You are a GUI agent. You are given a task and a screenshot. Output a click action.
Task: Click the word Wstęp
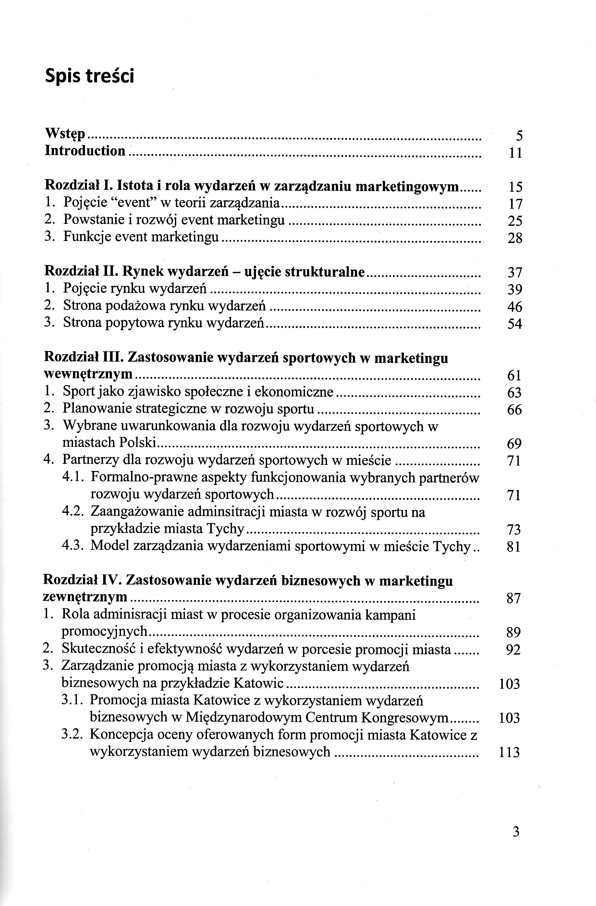pos(65,134)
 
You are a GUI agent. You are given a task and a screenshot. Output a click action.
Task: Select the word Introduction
pos(85,151)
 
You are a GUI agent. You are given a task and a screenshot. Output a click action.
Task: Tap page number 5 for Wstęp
pos(519,136)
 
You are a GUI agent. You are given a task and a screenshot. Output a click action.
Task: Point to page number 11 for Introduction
pos(515,153)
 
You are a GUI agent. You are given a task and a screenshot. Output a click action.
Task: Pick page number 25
pos(515,221)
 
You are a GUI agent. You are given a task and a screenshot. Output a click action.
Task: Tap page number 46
pos(515,307)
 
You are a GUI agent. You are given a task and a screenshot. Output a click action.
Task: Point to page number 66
pos(514,410)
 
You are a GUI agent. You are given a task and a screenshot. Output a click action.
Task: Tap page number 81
pos(514,547)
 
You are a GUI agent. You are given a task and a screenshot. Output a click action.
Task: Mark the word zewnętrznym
pos(85,597)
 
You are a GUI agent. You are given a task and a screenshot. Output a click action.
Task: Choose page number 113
pos(509,752)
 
